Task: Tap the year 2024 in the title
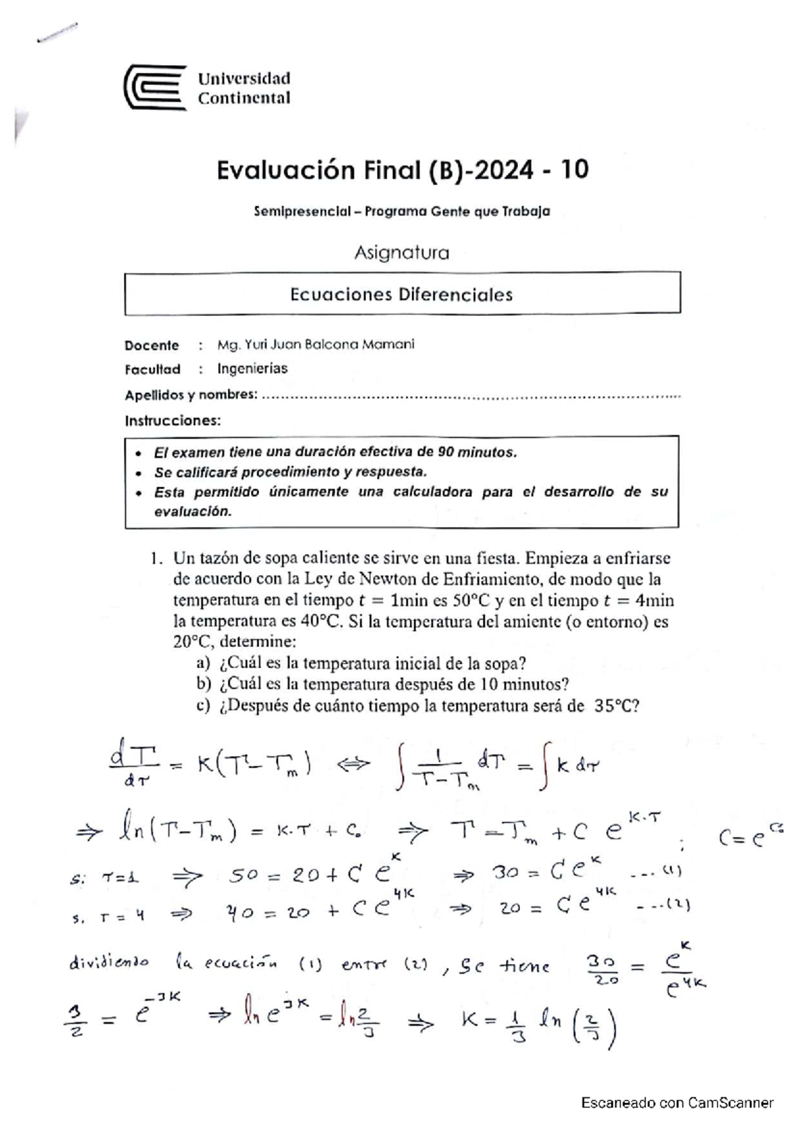(502, 170)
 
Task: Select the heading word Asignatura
(401, 252)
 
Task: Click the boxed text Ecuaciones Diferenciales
(401, 294)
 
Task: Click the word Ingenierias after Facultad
(252, 368)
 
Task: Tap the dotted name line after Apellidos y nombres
(470, 396)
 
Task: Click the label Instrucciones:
(172, 421)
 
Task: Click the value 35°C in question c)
(615, 706)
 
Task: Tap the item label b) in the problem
(203, 684)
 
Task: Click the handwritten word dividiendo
(109, 963)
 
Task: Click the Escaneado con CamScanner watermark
(677, 1103)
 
